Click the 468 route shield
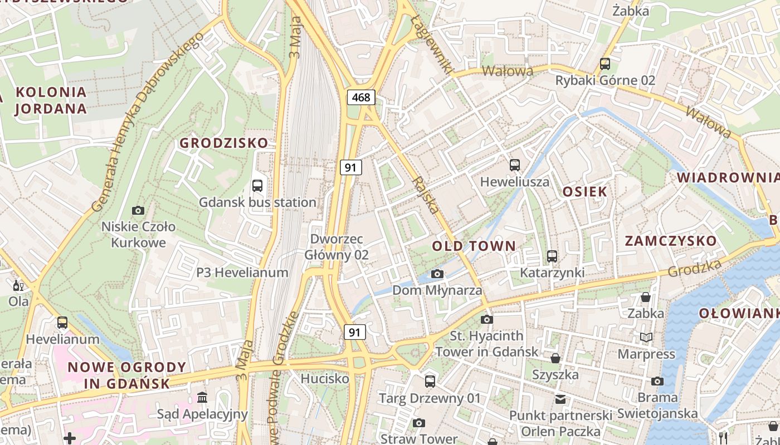361,97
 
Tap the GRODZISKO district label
224,143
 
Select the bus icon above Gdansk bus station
257,186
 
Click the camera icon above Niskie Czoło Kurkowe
138,210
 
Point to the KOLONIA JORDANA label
51,100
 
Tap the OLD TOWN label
474,246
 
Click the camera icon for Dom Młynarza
437,274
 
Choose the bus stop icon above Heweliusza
515,165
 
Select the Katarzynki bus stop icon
552,256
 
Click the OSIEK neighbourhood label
584,192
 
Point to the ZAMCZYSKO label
671,241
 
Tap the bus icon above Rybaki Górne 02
605,64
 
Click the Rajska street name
426,195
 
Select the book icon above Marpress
646,337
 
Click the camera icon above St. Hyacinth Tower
487,319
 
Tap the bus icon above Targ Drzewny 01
430,382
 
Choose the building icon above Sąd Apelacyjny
202,397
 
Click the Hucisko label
325,379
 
